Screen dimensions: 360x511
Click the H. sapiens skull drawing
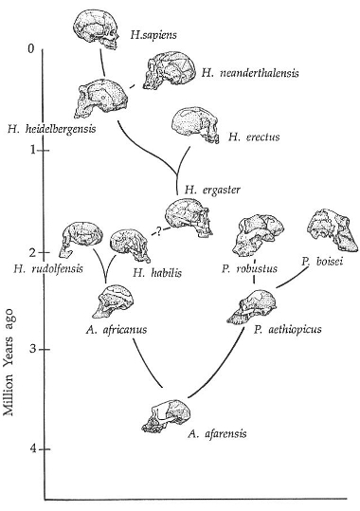pos(95,29)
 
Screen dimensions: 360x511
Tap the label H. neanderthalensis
pos(250,73)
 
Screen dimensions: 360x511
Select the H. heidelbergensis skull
pos(101,99)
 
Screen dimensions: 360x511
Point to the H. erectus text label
pos(254,137)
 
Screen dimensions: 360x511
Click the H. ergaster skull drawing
pos(189,217)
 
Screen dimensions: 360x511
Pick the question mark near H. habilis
pos(158,231)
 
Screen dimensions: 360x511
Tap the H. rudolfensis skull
pos(81,238)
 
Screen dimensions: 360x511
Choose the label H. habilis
pos(157,272)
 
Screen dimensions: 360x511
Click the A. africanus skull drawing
pos(113,301)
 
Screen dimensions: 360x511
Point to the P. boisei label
pos(322,262)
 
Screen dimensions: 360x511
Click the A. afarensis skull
pos(166,416)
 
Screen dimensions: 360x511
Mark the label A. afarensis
pos(217,434)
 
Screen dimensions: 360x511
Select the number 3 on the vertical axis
pos(32,349)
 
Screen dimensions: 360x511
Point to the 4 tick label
pos(32,449)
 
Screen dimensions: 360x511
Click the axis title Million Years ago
pos(9,362)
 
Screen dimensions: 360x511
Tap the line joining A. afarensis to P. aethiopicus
pos(223,368)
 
